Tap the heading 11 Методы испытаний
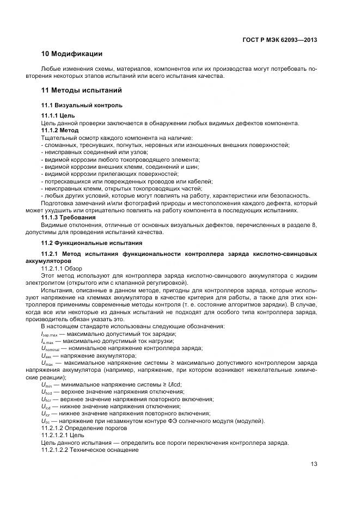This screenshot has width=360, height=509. (x=81, y=90)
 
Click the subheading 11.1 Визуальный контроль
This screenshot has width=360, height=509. (x=82, y=105)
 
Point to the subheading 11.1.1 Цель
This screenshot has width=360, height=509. (x=58, y=116)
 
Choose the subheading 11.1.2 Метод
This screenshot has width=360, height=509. (x=60, y=131)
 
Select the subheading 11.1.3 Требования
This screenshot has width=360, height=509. (x=69, y=217)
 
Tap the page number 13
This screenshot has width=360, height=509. (x=314, y=464)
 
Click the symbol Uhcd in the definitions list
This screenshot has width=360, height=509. (x=46, y=392)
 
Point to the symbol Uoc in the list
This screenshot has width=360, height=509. (x=46, y=421)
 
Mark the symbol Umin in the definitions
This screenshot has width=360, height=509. (x=46, y=385)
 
